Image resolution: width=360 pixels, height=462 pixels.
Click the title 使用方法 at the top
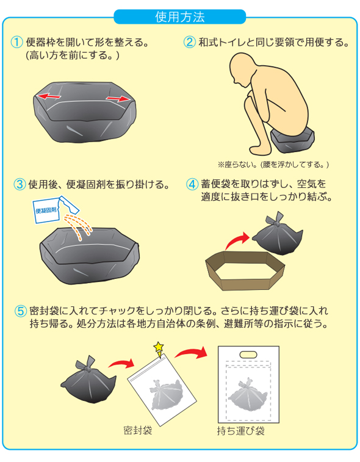coord(180,17)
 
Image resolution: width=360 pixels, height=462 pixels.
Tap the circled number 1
coord(17,42)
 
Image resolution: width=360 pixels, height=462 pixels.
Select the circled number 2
coord(189,42)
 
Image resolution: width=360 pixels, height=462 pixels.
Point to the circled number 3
coord(20,184)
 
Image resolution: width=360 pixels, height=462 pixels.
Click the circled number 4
coord(192,184)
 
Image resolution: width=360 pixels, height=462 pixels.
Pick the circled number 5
coord(21,311)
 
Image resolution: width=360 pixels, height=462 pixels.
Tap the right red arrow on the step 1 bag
coord(118,99)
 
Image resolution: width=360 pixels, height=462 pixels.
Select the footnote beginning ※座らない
coord(273,165)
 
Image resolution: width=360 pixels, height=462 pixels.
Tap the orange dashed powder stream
coord(78,227)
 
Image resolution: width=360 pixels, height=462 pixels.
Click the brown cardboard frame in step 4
coord(245,271)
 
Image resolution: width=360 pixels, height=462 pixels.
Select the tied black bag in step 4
coord(277,236)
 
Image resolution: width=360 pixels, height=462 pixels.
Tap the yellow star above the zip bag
coord(159,347)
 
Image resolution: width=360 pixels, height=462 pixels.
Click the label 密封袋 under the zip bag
coord(137,430)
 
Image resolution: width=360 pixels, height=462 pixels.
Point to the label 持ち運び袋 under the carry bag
coord(240,431)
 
